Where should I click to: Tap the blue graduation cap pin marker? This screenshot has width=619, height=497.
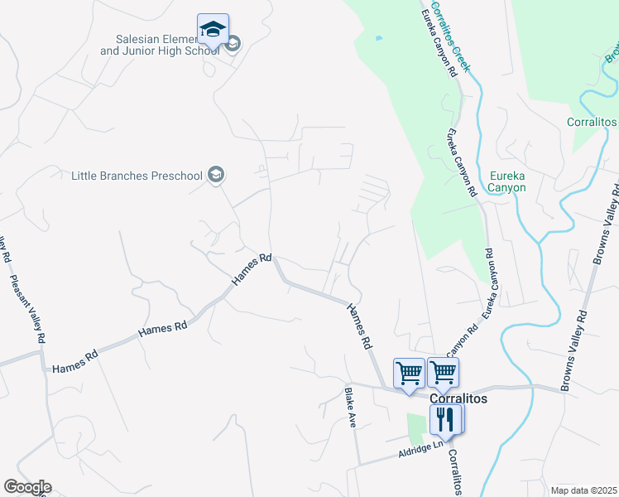[213, 30]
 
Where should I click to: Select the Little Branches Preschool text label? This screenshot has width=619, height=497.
[137, 176]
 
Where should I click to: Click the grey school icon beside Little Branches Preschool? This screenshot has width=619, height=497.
[216, 175]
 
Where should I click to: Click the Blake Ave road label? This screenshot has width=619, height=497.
[351, 407]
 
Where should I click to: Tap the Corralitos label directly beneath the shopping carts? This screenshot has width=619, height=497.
[459, 398]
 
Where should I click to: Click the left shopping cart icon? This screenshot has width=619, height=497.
[409, 374]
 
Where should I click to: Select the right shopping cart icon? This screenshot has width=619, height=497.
[444, 374]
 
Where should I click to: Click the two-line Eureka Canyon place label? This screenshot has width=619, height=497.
[507, 181]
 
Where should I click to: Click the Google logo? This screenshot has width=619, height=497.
[26, 487]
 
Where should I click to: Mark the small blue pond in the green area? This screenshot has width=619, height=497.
[378, 38]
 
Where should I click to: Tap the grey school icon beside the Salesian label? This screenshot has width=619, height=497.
[233, 44]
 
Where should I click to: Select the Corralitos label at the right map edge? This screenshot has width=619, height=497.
[592, 122]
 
